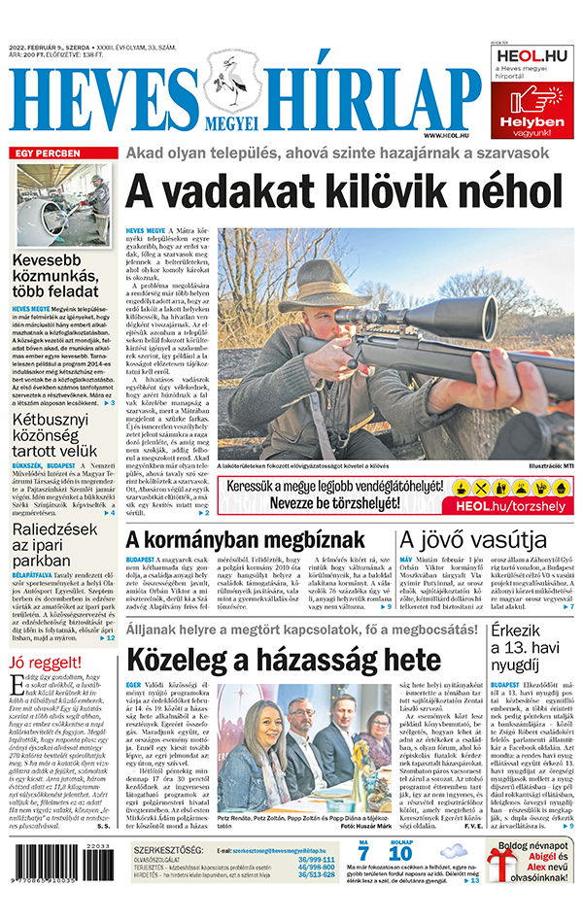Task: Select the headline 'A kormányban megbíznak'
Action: pyautogui.click(x=255, y=540)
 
